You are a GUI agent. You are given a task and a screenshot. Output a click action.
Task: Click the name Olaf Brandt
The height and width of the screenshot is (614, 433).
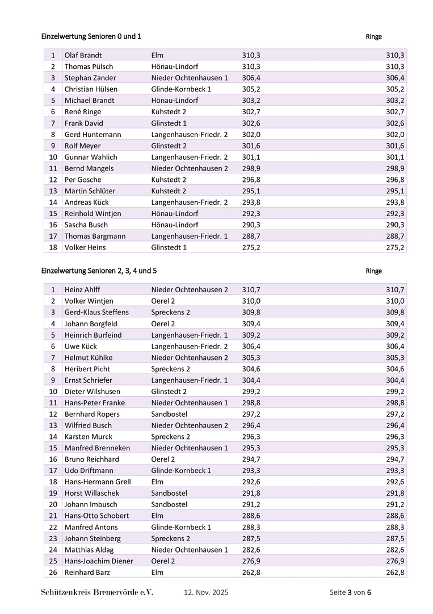pyautogui.click(x=83, y=55)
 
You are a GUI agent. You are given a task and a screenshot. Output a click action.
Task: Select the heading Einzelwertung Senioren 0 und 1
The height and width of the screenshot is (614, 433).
pyautogui.click(x=91, y=36)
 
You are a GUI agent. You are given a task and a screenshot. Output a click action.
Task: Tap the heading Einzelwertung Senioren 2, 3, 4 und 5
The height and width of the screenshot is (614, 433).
pyautogui.click(x=99, y=271)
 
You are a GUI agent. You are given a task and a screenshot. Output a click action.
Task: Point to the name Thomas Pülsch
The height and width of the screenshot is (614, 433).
pyautogui.click(x=89, y=67)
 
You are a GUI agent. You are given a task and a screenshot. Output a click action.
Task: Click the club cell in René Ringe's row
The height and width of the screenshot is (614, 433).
pyautogui.click(x=169, y=111)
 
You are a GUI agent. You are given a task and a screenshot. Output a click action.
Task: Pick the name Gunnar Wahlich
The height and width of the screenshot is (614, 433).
pyautogui.click(x=91, y=157)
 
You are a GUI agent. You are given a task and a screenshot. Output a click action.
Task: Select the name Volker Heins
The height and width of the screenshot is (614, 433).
pyautogui.click(x=85, y=247)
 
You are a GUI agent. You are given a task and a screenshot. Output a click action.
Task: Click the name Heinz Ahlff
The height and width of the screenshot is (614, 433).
pyautogui.click(x=82, y=290)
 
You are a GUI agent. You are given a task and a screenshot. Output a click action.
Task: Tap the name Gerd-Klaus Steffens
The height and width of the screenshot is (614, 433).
pyautogui.click(x=96, y=312)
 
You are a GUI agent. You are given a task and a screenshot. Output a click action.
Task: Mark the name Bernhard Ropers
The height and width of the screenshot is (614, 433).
pyautogui.click(x=92, y=414)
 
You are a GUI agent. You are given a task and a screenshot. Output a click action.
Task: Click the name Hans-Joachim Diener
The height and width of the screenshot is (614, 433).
pyautogui.click(x=99, y=561)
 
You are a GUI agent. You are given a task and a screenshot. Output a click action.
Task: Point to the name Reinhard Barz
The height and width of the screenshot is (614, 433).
pyautogui.click(x=87, y=572)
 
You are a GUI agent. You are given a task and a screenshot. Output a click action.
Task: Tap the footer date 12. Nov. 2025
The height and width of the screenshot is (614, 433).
pyautogui.click(x=206, y=592)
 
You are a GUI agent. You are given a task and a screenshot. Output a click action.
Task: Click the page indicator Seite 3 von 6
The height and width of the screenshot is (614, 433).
pyautogui.click(x=350, y=592)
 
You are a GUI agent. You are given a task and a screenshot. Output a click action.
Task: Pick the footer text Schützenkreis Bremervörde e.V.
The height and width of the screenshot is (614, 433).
pyautogui.click(x=97, y=592)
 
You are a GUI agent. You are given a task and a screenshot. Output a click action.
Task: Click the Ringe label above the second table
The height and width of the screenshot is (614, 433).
pyautogui.click(x=374, y=271)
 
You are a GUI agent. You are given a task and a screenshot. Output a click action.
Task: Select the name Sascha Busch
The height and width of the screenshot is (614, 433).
pyautogui.click(x=86, y=225)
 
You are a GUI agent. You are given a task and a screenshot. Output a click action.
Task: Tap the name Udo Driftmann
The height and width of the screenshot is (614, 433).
pyautogui.click(x=89, y=470)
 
